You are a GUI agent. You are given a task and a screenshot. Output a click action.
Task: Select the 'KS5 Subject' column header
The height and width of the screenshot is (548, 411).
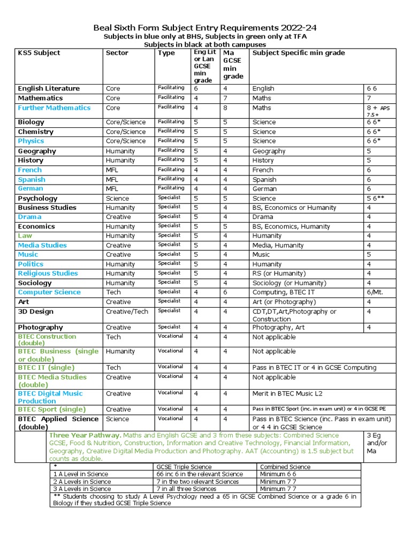[x=39, y=53]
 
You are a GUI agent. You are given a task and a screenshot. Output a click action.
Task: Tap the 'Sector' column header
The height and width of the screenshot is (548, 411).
[x=117, y=53]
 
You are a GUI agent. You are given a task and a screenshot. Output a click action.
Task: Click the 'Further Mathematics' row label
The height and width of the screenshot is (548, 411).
[x=54, y=108]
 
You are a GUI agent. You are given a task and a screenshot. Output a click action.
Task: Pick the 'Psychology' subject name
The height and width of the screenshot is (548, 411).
[x=37, y=198]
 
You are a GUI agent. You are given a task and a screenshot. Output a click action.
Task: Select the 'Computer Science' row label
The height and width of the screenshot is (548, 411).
[x=49, y=292]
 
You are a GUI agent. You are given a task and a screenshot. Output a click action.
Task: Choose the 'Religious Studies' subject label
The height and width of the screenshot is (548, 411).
[x=48, y=273]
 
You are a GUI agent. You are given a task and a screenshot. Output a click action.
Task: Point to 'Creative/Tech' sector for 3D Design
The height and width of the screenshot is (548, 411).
[x=127, y=311]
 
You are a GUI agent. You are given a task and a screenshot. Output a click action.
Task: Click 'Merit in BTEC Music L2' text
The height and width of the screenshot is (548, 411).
[x=287, y=394]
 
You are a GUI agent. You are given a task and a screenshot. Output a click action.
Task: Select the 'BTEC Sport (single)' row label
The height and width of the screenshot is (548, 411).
[x=51, y=409]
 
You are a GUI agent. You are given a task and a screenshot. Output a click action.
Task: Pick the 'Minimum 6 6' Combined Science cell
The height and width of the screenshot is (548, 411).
[x=278, y=474]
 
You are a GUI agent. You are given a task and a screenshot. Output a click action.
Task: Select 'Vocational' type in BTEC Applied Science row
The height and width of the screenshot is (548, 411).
[x=170, y=418]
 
